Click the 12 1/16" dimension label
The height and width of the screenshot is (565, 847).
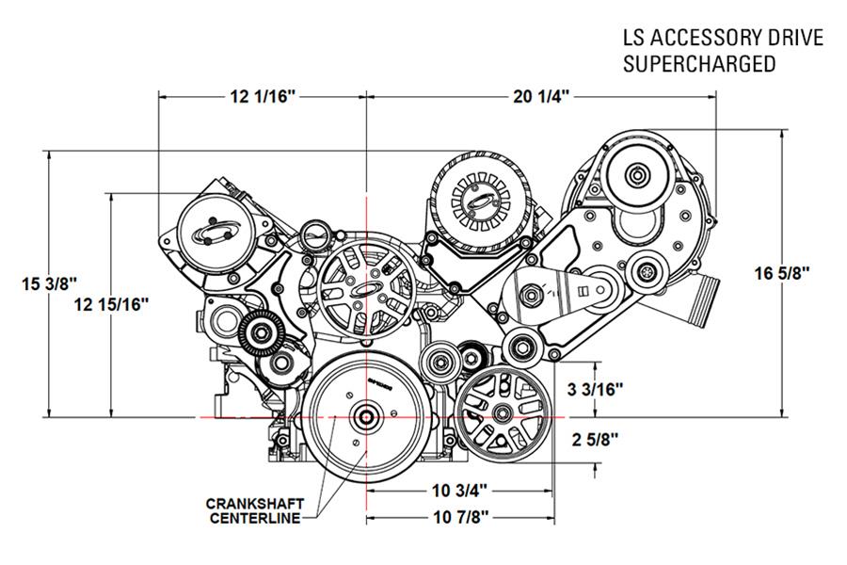pos(262,96)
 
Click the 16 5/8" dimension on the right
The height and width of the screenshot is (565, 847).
pos(782,273)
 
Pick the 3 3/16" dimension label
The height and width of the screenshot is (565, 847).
pos(595,388)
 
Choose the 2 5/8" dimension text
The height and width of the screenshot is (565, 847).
pos(595,438)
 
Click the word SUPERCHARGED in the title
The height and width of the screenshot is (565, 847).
pos(698,64)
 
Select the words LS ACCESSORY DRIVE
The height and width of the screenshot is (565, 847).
pos(722,38)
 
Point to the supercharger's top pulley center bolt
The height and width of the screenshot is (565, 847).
pos(639,175)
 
